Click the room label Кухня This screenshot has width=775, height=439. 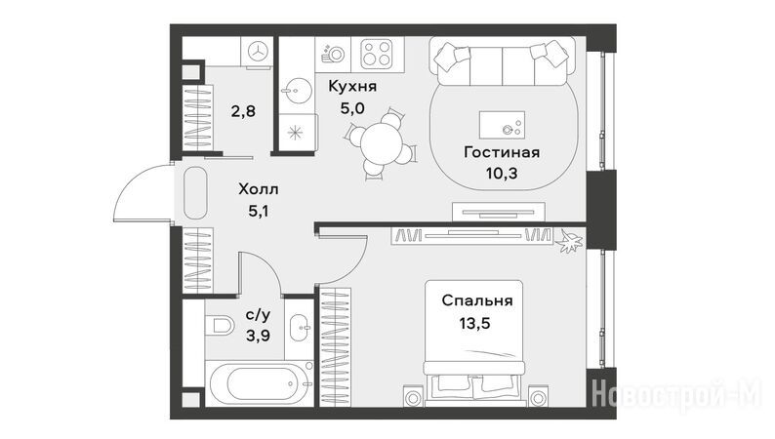[352, 87]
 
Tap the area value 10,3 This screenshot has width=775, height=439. [502, 174]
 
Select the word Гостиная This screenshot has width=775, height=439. [502, 152]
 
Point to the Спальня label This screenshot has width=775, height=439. [477, 300]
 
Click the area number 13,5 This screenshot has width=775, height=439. [475, 324]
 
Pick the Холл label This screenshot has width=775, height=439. [259, 189]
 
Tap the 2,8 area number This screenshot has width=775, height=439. [243, 111]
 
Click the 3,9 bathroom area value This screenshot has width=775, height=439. [258, 337]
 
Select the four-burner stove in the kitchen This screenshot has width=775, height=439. [377, 54]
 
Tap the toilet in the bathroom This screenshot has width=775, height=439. [220, 326]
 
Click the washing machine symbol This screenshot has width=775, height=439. [257, 51]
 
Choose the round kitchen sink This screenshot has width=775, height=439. [297, 91]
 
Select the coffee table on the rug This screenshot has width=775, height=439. [502, 125]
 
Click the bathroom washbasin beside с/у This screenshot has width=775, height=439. [299, 328]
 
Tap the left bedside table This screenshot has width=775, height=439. [414, 396]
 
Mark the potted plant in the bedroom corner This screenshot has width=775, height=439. [569, 241]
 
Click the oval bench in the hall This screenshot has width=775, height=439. [195, 192]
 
